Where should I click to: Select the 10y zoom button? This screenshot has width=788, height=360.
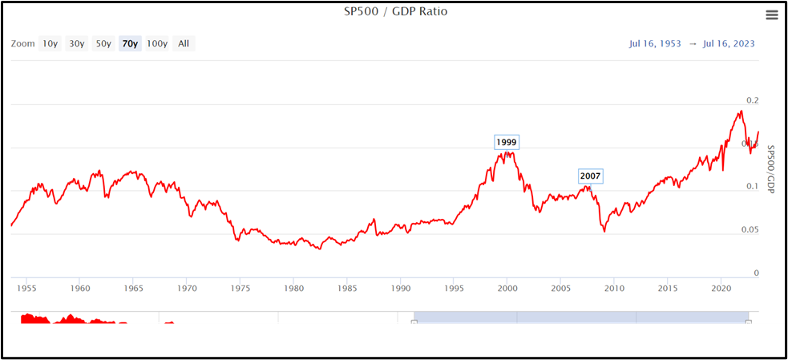(x=50, y=43)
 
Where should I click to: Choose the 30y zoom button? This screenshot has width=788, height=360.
(x=76, y=43)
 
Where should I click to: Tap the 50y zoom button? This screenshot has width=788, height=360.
(x=103, y=43)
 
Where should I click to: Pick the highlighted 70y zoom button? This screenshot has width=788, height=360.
(x=129, y=43)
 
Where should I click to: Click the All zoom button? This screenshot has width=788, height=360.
(x=184, y=43)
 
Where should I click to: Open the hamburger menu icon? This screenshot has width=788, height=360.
(x=772, y=14)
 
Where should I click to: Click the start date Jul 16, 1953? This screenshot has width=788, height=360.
(x=655, y=43)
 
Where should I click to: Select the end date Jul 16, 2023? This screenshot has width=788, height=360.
(x=729, y=43)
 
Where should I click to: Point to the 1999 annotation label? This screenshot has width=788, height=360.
(x=507, y=143)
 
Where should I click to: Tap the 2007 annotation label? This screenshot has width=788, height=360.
(x=590, y=176)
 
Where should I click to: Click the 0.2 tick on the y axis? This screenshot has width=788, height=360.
(x=752, y=100)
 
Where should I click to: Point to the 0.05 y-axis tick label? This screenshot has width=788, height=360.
(x=749, y=230)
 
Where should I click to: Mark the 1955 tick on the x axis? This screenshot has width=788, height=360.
(x=26, y=287)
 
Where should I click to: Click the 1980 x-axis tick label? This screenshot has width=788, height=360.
(x=293, y=287)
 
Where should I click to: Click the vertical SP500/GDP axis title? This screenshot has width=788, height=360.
(x=771, y=169)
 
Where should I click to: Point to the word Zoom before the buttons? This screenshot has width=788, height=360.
(x=23, y=43)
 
